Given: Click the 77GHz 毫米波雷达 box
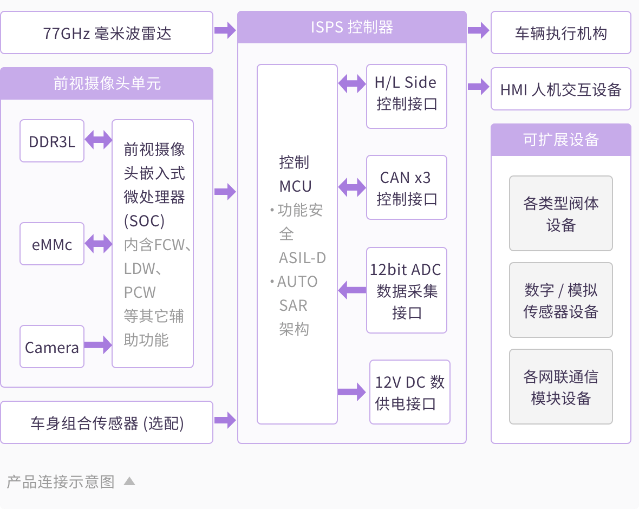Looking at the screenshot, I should click(x=107, y=33).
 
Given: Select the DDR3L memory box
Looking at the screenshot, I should click(x=52, y=141).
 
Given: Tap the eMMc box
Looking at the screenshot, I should click(x=52, y=244).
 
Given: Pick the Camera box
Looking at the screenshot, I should click(x=52, y=347).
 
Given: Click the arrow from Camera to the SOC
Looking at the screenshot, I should click(x=98, y=344).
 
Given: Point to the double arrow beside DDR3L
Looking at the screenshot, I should click(x=98, y=140).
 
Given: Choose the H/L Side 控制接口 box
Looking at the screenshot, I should click(x=406, y=96).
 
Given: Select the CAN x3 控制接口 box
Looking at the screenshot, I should click(x=406, y=187).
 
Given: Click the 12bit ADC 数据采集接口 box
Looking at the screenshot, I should click(x=406, y=290).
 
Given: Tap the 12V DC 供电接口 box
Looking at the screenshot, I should click(x=410, y=392).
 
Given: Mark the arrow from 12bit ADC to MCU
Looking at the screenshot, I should click(x=352, y=290).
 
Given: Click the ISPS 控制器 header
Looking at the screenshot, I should click(x=352, y=27).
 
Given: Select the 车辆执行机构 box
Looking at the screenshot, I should click(x=560, y=33).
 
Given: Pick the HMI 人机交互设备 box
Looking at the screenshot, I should click(x=560, y=89).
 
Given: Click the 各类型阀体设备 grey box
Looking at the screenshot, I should click(x=560, y=213).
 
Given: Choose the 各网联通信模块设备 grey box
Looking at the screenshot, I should click(x=560, y=387).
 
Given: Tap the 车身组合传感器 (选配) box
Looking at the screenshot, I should click(x=107, y=422).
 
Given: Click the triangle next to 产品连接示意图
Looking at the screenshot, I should click(x=129, y=481).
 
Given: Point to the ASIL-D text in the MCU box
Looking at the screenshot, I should click(x=302, y=258).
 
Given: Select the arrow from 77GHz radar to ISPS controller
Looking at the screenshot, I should click(x=225, y=30).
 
